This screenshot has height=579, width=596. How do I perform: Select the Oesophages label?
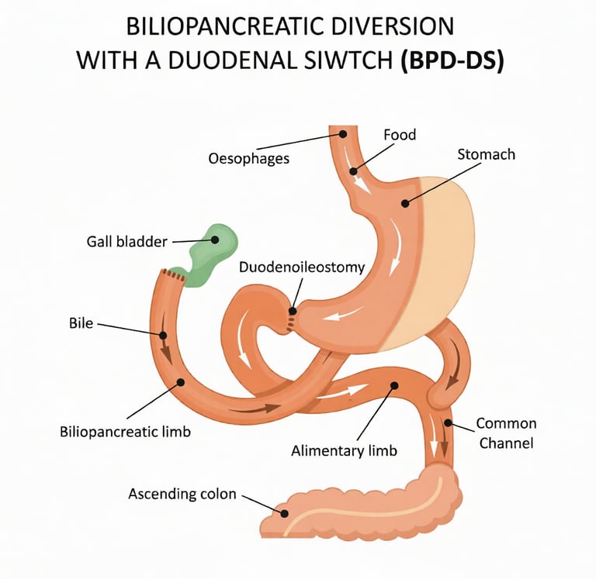tap(249, 159)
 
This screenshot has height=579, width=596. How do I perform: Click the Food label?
tap(400, 135)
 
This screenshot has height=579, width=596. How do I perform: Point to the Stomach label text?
tap(486, 154)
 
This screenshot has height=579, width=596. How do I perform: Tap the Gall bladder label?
tap(126, 242)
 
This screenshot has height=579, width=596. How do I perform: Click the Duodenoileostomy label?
tap(302, 268)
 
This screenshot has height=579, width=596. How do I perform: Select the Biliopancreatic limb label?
tap(125, 431)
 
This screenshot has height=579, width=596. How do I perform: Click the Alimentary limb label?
tap(344, 450)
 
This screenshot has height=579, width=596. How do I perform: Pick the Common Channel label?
tap(506, 433)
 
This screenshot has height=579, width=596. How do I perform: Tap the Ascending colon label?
tap(182, 494)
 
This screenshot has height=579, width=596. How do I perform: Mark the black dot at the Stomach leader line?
tap(404, 204)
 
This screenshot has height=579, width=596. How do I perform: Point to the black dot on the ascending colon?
tap(285, 512)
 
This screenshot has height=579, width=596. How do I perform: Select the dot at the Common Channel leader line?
tap(448, 423)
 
